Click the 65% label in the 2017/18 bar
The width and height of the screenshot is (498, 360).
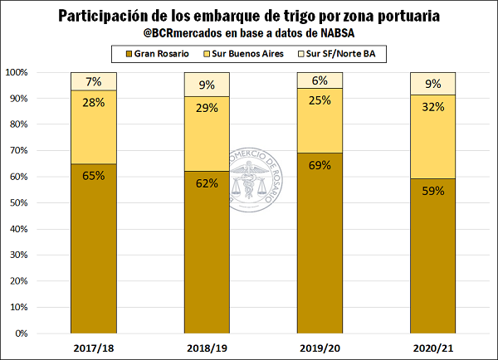(x=93, y=176)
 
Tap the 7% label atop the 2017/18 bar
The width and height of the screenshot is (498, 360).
(x=93, y=81)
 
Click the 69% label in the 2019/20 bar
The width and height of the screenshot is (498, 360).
(x=320, y=165)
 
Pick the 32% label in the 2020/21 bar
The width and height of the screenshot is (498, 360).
(x=433, y=105)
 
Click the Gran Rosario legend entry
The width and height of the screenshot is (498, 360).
(x=150, y=54)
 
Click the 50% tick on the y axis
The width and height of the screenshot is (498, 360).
(x=18, y=203)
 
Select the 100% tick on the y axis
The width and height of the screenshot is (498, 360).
(x=16, y=72)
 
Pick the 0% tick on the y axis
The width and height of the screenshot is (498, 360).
(x=21, y=333)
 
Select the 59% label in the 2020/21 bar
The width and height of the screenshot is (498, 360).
(x=433, y=191)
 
